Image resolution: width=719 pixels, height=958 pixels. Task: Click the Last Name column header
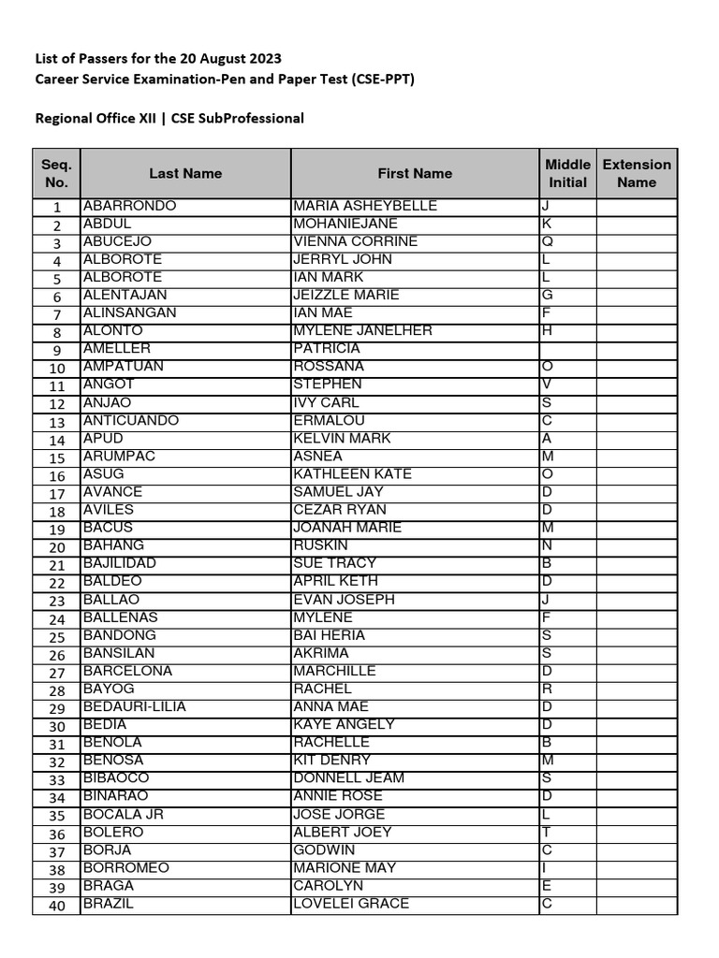tap(185, 173)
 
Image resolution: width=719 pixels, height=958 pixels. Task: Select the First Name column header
tap(415, 173)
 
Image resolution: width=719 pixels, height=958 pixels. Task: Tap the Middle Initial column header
tap(567, 174)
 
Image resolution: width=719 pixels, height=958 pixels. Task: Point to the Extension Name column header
tap(637, 174)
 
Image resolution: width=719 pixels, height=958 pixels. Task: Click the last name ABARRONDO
tap(129, 206)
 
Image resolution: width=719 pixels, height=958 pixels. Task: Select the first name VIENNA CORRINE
tap(355, 241)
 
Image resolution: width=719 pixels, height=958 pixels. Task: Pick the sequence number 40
tap(56, 906)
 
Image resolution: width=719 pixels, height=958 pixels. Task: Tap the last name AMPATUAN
tap(125, 367)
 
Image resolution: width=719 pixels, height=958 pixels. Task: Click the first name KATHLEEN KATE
tap(352, 474)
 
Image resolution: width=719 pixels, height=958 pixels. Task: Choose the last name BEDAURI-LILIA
tap(135, 706)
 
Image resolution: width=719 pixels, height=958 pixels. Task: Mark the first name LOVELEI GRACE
tap(351, 904)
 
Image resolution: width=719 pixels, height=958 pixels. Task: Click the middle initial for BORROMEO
tap(546, 868)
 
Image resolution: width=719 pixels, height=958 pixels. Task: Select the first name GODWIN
tap(324, 850)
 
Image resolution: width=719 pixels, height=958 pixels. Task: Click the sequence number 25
tap(56, 638)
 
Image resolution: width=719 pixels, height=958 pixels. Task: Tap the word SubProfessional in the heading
tap(250, 119)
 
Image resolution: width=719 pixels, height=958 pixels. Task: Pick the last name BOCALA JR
tap(124, 815)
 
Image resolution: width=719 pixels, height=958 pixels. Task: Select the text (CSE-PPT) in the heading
tap(384, 80)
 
